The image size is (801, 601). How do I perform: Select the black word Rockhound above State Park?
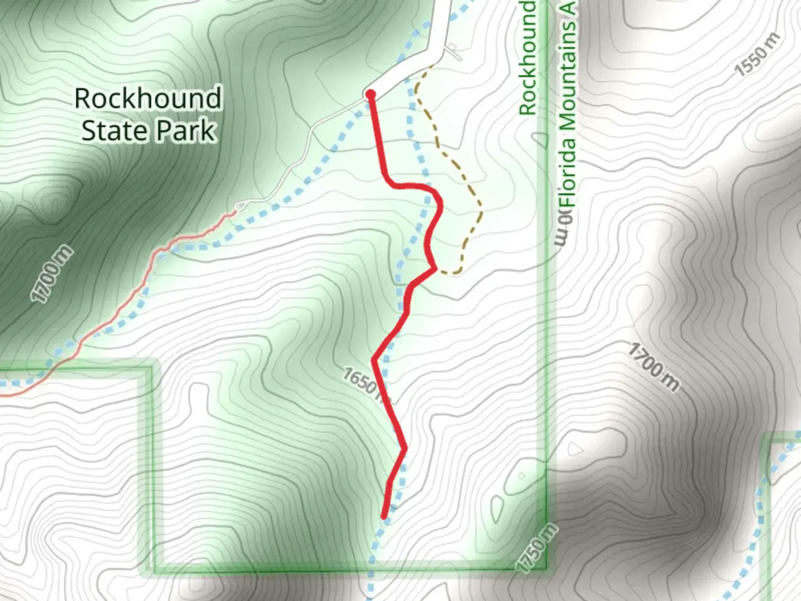[148, 98]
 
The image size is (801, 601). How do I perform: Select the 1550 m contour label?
[758, 55]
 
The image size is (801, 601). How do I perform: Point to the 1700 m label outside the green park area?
[654, 367]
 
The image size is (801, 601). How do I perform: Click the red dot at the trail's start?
[370, 95]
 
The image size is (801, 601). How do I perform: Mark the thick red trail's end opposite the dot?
[384, 516]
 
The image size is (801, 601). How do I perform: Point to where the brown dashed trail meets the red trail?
[436, 269]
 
